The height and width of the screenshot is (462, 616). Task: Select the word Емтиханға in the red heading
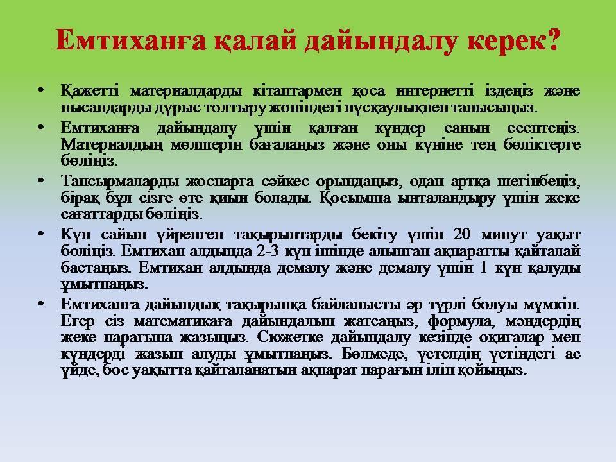point(131,40)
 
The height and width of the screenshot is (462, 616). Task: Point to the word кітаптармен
point(297,91)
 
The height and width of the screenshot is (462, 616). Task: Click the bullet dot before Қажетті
point(41,90)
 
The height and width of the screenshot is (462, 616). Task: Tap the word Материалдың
point(112,144)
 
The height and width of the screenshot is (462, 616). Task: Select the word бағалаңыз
point(287,145)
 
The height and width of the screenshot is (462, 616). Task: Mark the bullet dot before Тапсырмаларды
point(41,181)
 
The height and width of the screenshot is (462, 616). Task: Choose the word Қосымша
point(355,198)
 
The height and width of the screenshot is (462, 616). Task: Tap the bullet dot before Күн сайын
point(41,234)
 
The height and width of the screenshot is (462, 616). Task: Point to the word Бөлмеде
point(373,354)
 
